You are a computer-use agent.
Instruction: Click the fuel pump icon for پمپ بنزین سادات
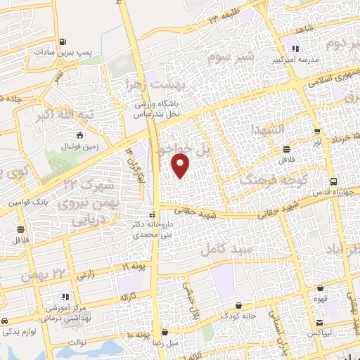tap(64, 41)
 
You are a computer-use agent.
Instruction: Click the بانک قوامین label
tap(29, 202)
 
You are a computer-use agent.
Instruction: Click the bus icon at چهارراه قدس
tap(336, 180)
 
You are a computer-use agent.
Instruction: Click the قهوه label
tap(321, 300)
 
